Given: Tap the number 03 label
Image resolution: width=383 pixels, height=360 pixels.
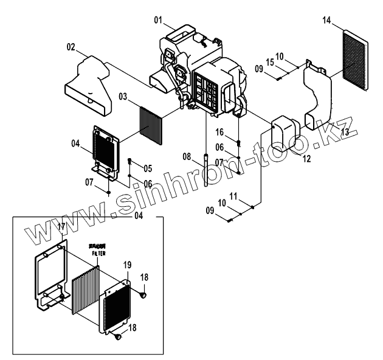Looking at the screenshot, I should tap(123, 97).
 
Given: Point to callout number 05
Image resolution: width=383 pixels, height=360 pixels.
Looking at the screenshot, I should tap(148, 168).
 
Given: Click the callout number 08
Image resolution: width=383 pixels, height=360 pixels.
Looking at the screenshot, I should tap(187, 157).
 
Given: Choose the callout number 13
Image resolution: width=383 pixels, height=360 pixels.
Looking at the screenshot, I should tap(345, 132).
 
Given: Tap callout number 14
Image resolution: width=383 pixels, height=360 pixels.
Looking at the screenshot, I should tap(326, 21).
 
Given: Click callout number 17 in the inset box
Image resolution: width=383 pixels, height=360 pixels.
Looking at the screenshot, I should tap(61, 226).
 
